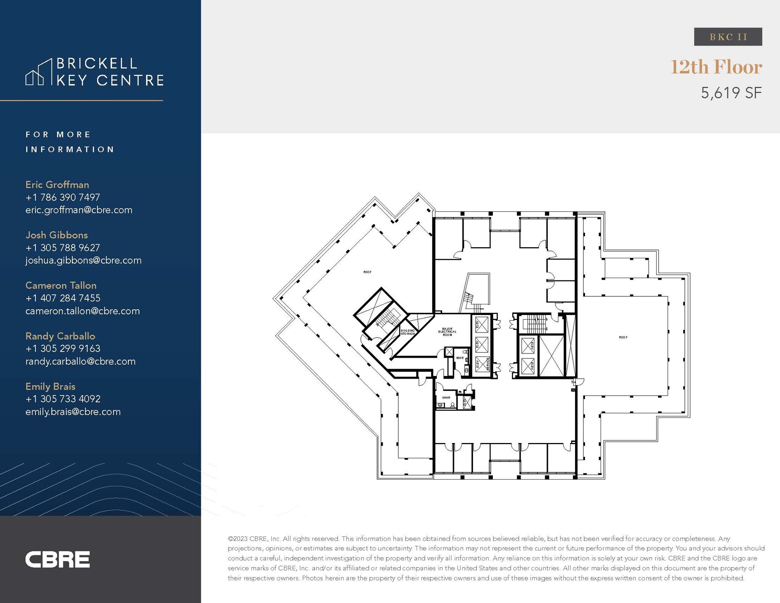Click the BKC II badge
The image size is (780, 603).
pyautogui.click(x=728, y=37)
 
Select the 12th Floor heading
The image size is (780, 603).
pyautogui.click(x=716, y=67)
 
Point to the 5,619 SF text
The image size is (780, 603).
pyautogui.click(x=731, y=93)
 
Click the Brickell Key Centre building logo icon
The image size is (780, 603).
pyautogui.click(x=38, y=72)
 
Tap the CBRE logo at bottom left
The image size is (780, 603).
pyautogui.click(x=58, y=559)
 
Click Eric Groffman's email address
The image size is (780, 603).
pyautogui.click(x=79, y=210)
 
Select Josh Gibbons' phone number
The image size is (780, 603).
pyautogui.click(x=63, y=248)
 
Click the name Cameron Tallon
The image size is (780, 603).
pyautogui.click(x=61, y=285)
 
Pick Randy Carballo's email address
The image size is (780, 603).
pyautogui.click(x=80, y=361)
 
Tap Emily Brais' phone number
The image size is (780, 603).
pyautogui.click(x=63, y=399)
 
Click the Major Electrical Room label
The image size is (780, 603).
pyautogui.click(x=447, y=331)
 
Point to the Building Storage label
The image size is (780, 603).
pyautogui.click(x=408, y=332)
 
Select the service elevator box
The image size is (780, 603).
pyautogui.click(x=482, y=365)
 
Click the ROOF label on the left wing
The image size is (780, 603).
pyautogui.click(x=367, y=272)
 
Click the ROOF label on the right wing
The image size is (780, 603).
pyautogui.click(x=623, y=337)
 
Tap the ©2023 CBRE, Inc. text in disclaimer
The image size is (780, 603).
pyautogui.click(x=254, y=539)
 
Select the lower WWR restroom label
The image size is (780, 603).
pyautogui.click(x=446, y=398)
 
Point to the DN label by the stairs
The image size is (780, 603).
pyautogui.click(x=482, y=309)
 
